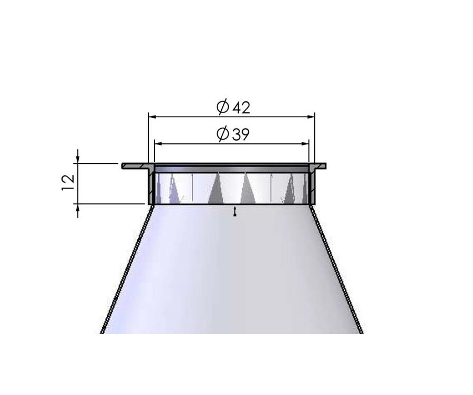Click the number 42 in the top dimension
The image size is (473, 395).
(240, 107)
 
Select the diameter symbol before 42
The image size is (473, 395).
(222, 107)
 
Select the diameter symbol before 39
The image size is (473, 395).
(222, 135)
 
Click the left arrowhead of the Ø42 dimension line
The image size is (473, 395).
(152, 116)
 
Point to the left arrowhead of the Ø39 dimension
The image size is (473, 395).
(157, 142)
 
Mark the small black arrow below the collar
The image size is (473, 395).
(234, 211)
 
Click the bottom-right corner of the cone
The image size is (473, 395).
(362, 332)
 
